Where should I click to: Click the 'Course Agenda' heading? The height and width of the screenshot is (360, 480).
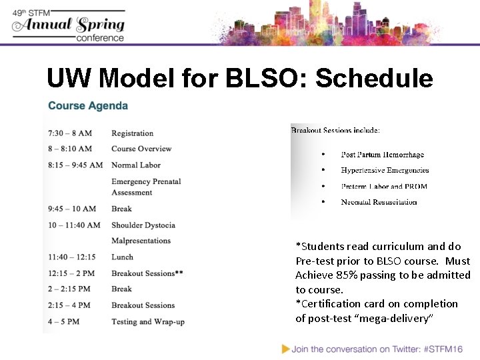click(88, 106)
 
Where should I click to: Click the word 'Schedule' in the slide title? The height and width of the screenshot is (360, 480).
click(374, 79)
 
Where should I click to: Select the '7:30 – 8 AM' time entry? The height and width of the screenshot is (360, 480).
click(70, 133)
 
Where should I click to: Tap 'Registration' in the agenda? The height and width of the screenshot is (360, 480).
click(132, 133)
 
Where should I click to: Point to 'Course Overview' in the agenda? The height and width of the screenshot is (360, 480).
click(141, 149)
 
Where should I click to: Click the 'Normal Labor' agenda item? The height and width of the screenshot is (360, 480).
click(136, 165)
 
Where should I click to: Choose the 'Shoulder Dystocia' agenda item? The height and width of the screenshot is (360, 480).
click(143, 225)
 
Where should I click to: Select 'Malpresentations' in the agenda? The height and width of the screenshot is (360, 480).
click(141, 241)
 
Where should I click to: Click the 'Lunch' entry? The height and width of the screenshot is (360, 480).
click(122, 257)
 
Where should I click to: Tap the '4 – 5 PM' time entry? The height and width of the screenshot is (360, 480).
click(64, 321)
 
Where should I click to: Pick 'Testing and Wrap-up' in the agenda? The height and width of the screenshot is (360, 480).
click(148, 321)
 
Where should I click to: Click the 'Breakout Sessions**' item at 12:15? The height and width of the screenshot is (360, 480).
click(147, 273)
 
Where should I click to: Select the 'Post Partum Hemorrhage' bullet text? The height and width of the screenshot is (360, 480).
click(382, 155)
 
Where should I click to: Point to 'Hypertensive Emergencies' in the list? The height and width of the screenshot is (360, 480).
click(385, 171)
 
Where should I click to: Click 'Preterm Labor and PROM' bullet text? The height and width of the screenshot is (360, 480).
click(384, 187)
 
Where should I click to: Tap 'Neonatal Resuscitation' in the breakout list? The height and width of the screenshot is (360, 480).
click(379, 202)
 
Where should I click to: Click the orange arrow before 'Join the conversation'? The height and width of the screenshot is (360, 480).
click(285, 348)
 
